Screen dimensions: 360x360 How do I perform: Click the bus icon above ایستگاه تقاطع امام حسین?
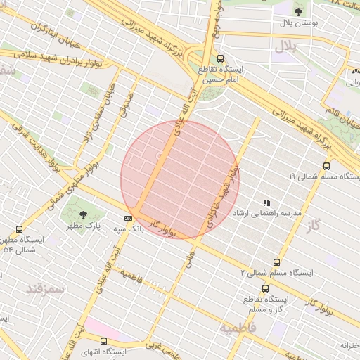click(221, 59)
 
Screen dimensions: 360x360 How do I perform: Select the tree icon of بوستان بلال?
click(299, 11)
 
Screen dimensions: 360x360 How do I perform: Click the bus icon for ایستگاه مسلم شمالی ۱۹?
click(326, 167)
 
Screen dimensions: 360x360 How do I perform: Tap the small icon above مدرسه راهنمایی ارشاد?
click(266, 202)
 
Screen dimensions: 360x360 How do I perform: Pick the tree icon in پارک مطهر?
click(84, 214)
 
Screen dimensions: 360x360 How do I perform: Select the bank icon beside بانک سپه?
click(128, 219)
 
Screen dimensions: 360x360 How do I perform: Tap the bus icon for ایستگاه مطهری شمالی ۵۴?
click(19, 229)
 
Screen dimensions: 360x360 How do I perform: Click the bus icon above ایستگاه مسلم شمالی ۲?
click(276, 262)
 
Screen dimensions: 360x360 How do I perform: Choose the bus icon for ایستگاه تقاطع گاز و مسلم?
click(265, 288)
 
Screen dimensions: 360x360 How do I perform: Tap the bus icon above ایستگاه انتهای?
click(104, 341)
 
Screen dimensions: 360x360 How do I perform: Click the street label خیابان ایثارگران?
click(55, 30)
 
